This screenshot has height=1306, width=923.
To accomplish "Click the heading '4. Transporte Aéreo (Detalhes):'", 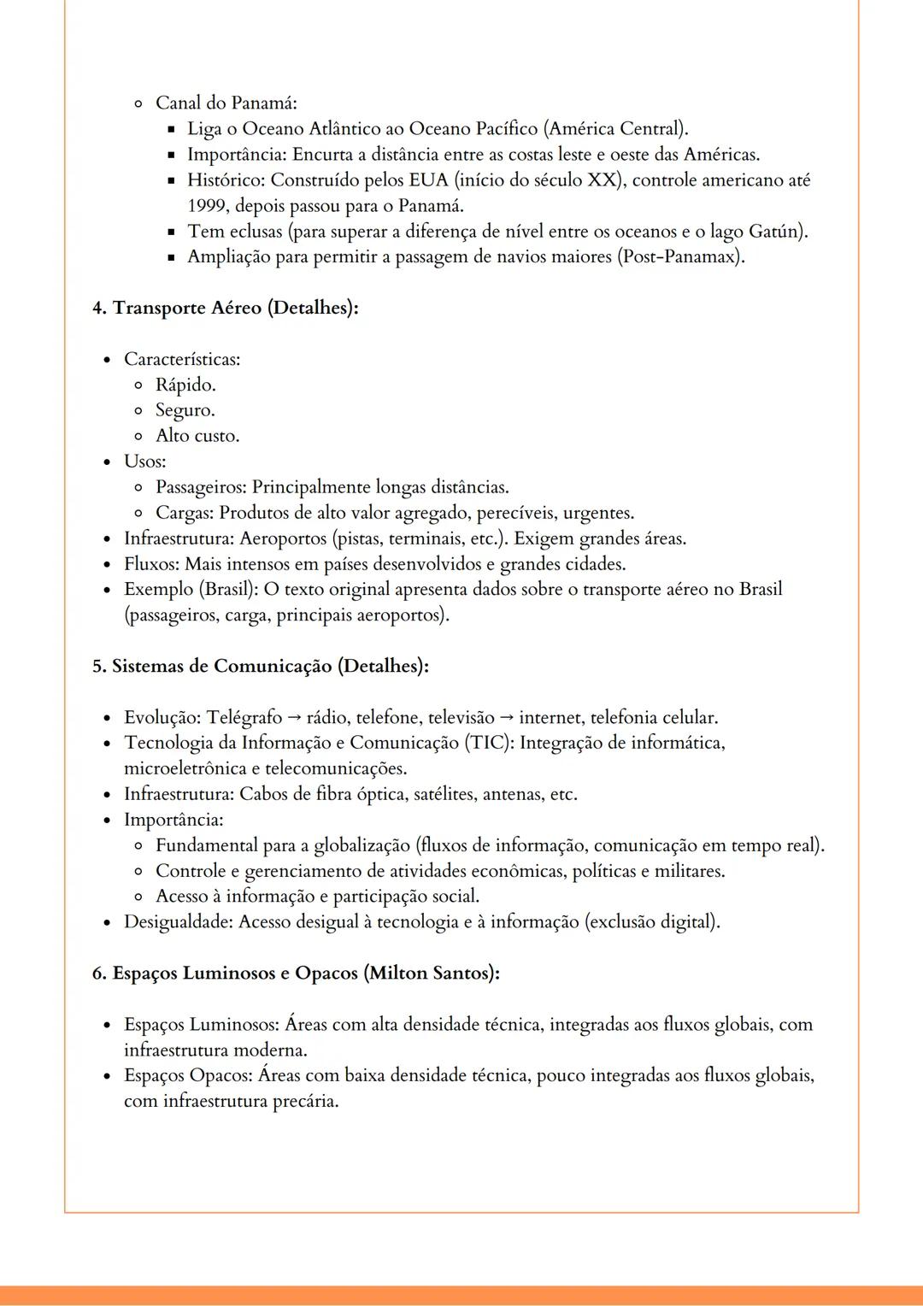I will (225, 308).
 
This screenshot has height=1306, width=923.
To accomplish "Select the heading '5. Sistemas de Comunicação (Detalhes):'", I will (260, 666).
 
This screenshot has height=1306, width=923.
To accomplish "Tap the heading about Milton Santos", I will (296, 973).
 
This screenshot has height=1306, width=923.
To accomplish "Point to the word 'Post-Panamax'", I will (679, 256).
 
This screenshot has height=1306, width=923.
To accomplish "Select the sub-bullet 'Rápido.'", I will (185, 385).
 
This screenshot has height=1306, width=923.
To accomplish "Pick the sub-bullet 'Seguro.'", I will (185, 410).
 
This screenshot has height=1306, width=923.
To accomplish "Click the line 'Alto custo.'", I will (197, 436).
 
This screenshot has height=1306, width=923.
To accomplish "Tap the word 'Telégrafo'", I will (244, 717).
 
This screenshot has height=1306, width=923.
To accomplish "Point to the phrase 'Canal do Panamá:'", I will (226, 103).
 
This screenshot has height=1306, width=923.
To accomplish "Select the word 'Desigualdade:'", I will (179, 922).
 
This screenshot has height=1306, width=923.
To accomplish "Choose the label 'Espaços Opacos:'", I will (188, 1075).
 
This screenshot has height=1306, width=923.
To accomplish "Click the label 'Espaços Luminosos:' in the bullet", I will (202, 1024).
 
